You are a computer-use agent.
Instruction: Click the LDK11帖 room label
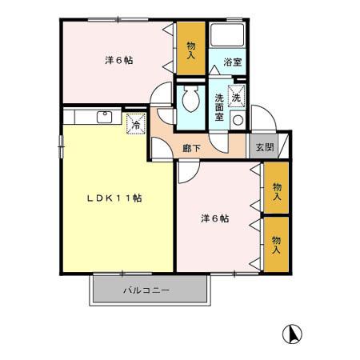tap(114, 198)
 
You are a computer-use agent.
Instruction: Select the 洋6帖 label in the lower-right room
tap(214, 218)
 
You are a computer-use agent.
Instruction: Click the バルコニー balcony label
tap(146, 290)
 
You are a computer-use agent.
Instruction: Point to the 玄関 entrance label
tap(263, 147)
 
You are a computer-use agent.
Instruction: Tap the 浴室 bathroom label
tap(232, 62)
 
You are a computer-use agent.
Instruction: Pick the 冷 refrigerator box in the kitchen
tap(137, 125)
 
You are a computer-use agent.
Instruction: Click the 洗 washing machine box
tap(237, 95)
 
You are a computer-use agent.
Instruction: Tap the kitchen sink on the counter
tap(103, 117)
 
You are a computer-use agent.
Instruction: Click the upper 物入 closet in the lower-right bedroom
tap(277, 189)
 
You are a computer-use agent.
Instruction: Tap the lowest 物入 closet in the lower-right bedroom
tap(277, 243)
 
